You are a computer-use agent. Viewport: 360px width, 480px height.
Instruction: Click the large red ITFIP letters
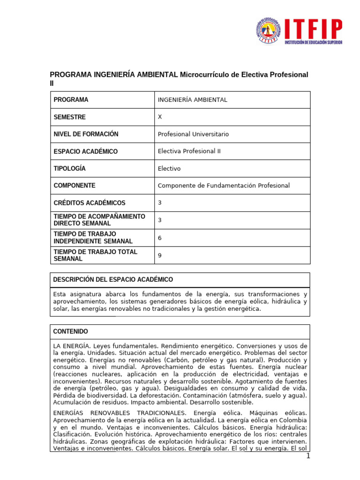point(313,29)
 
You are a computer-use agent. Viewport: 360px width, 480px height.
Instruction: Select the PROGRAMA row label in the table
point(71,100)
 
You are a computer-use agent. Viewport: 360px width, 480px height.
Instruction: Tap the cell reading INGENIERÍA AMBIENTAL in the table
point(192,100)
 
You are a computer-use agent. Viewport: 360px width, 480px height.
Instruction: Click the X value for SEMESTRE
point(160,117)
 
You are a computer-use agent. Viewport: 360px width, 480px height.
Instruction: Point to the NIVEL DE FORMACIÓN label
point(86,134)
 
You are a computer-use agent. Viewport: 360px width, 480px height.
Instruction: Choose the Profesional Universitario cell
point(193,134)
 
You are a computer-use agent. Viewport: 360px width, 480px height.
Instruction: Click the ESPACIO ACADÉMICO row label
point(86,151)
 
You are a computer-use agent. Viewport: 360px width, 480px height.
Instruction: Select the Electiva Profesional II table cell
point(189,151)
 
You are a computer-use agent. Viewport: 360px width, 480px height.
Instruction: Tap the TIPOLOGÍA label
point(70,168)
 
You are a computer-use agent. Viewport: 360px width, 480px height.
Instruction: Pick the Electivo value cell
point(169,169)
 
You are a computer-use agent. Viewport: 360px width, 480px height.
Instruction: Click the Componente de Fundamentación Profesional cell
point(224,186)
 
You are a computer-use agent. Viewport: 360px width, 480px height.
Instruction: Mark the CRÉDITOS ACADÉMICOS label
point(90,203)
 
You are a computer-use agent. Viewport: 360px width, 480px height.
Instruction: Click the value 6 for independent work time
point(160,238)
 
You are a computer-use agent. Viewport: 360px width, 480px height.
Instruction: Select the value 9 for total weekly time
point(160,255)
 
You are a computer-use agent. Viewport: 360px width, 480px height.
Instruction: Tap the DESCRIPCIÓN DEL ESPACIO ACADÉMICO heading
point(113,280)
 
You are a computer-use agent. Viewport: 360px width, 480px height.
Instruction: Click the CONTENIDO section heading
point(71,331)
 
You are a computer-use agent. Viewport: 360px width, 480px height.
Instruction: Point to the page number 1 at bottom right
point(307,457)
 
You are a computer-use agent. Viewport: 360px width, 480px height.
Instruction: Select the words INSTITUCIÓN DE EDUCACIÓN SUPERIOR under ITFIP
point(314,42)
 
